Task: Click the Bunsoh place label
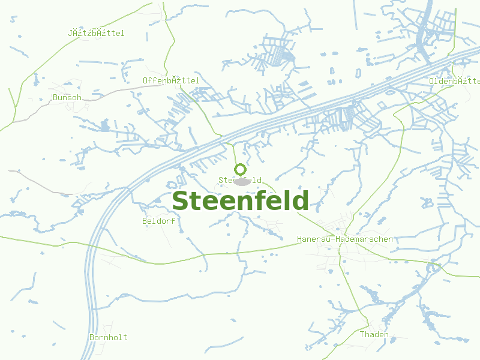67,97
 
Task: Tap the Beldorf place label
159,221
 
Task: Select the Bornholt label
109,337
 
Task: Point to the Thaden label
374,334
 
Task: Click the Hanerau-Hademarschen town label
345,239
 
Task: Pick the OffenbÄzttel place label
171,80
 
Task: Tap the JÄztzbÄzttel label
97,34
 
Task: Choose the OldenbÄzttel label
455,81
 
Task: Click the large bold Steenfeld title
240,201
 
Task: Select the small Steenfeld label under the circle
240,180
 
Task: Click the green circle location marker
240,169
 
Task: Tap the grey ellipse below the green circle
242,182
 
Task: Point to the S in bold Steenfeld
180,202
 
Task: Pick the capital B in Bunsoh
55,97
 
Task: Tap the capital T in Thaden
362,334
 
